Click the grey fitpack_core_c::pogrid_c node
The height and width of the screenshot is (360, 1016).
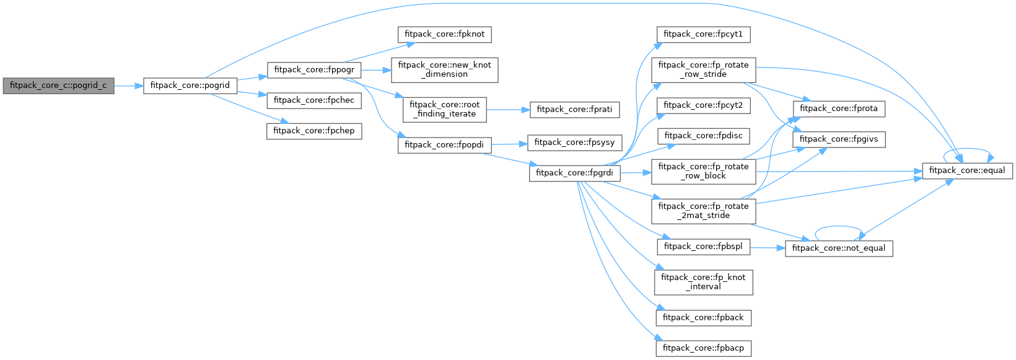(58, 86)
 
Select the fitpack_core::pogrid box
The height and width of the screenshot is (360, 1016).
(190, 86)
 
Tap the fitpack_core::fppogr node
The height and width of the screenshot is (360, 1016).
(314, 70)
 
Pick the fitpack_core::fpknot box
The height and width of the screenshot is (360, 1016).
(444, 34)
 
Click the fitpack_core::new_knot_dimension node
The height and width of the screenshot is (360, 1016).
(444, 69)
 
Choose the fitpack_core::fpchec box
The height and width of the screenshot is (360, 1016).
(313, 100)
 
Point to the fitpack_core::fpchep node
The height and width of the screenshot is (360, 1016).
(314, 131)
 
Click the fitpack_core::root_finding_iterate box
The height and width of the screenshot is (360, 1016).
(444, 109)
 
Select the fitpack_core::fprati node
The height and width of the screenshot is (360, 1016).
(574, 110)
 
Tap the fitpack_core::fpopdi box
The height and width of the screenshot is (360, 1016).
(444, 145)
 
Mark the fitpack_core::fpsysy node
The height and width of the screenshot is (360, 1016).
(574, 143)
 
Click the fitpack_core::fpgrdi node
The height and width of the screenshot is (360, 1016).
(574, 173)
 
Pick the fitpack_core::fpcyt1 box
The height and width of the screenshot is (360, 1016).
(703, 34)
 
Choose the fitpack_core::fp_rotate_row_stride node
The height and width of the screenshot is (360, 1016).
(703, 69)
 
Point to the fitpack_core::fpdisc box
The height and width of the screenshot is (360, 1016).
(703, 136)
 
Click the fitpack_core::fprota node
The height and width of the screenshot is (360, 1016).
(839, 108)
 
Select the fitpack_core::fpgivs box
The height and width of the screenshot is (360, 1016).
(839, 139)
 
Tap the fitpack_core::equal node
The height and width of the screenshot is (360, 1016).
(967, 170)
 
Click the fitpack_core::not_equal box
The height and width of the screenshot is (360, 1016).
(839, 248)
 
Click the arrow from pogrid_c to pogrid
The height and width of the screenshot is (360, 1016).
(129, 86)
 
